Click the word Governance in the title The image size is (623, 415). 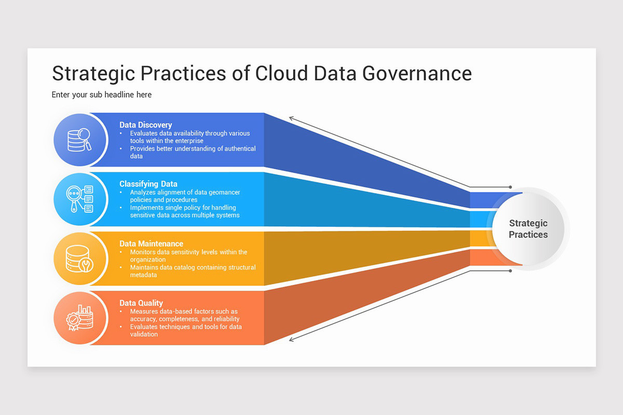click(417, 73)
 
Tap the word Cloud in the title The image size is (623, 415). click(281, 73)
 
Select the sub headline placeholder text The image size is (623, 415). click(101, 95)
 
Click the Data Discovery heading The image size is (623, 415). click(145, 125)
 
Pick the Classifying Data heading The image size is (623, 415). click(148, 184)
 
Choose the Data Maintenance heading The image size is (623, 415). click(151, 244)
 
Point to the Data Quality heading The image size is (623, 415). click(141, 303)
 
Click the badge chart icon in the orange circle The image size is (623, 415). click(79, 318)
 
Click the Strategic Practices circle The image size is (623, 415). click(528, 229)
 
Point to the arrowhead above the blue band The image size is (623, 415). click(292, 119)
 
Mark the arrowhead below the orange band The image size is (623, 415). click(292, 339)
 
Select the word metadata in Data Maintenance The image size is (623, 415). click(143, 275)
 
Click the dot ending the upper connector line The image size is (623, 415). click(510, 187)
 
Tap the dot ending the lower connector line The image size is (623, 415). click(510, 271)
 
